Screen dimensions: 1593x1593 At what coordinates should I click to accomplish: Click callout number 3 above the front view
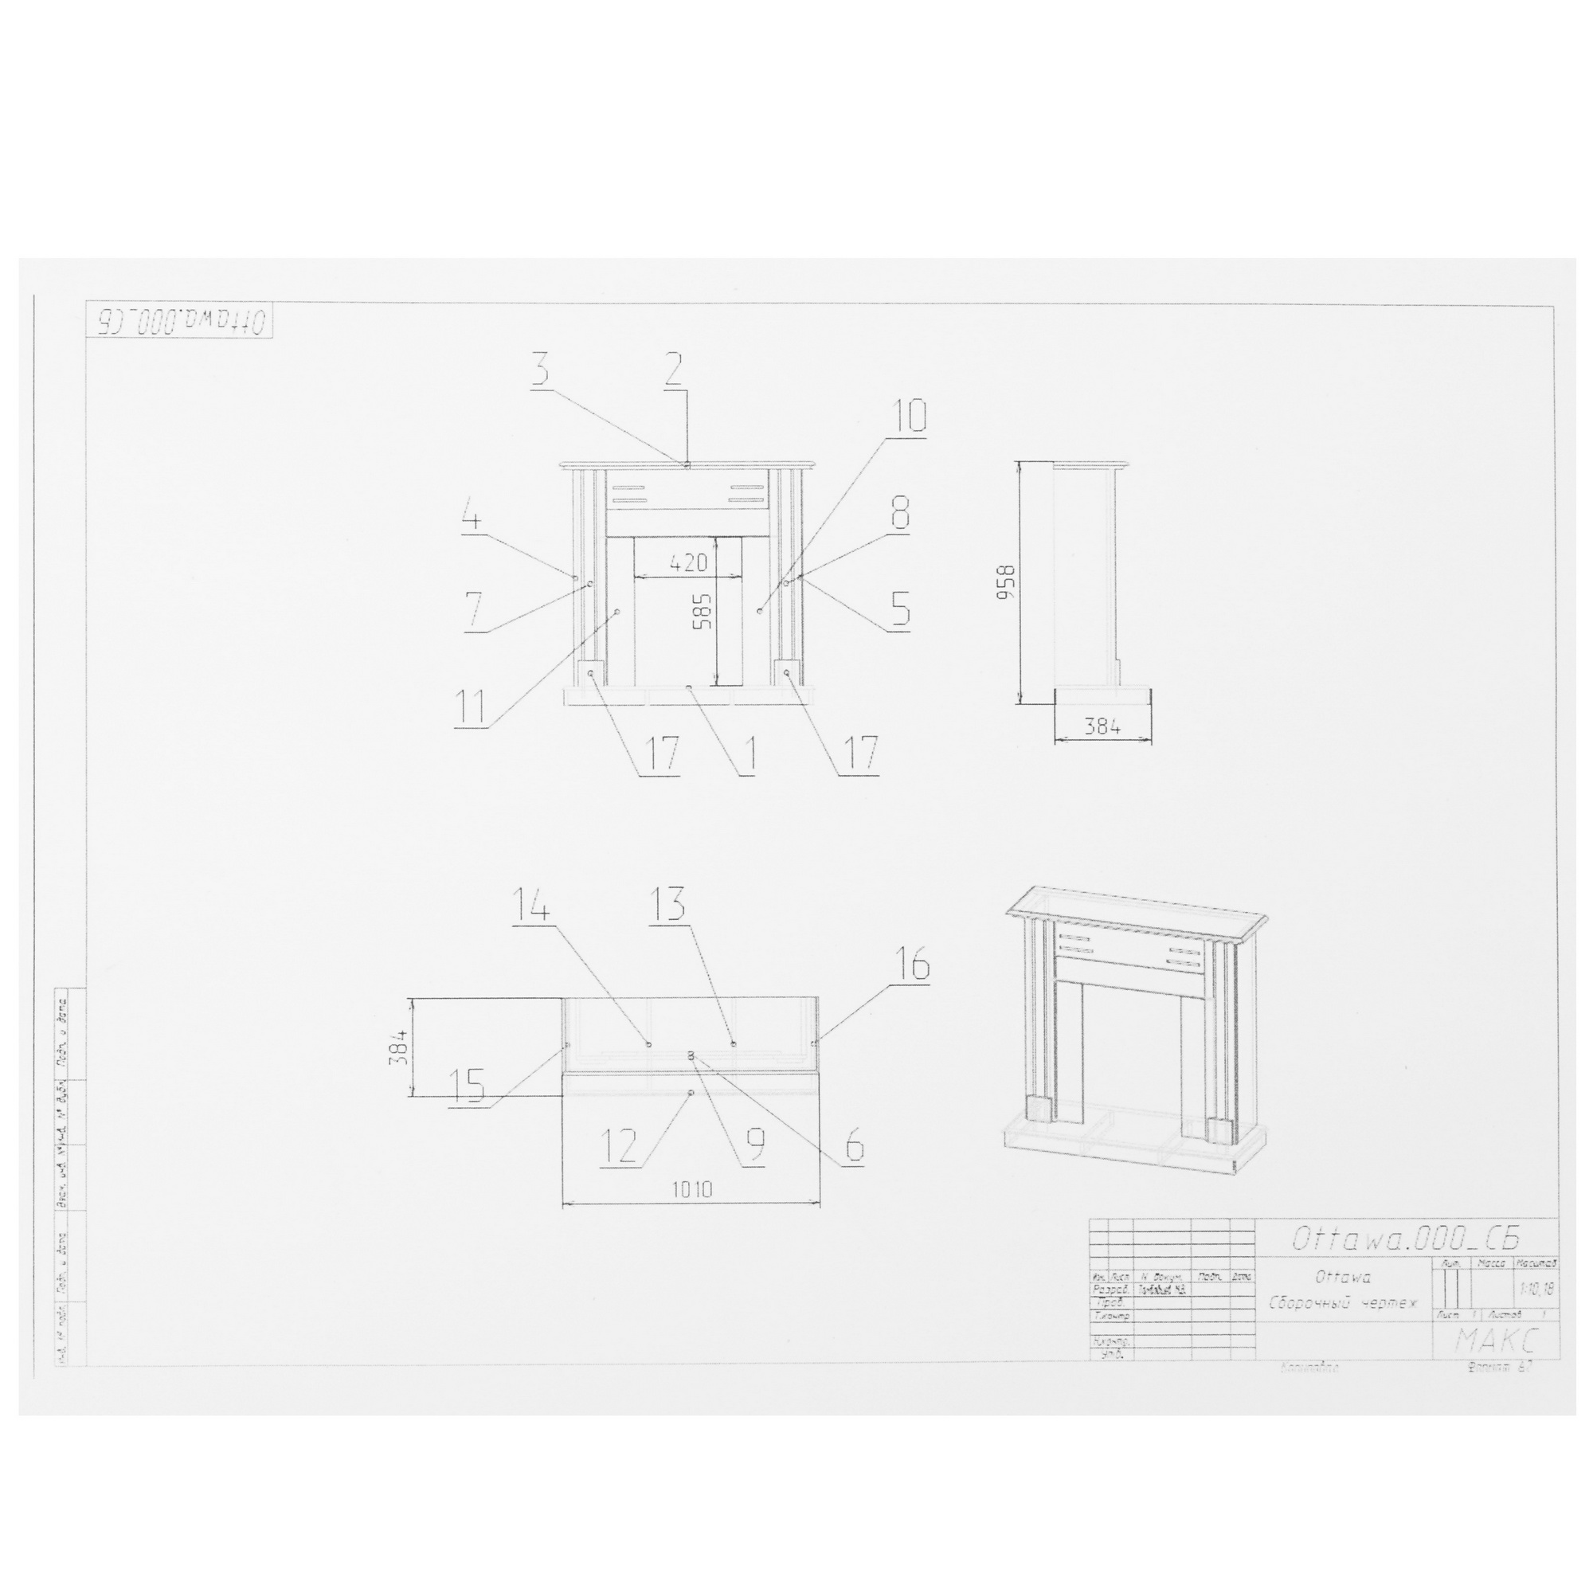tap(540, 371)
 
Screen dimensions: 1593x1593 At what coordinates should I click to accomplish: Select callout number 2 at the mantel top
tap(674, 371)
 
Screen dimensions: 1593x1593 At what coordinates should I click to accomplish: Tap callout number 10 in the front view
tap(906, 418)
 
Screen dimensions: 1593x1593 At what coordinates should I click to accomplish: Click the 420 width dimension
tap(688, 563)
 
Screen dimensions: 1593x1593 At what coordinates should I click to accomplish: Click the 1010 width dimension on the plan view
tap(691, 1189)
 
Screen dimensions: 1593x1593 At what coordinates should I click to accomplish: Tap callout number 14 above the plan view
tap(533, 905)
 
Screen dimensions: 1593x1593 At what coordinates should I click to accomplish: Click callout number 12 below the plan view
tap(618, 1146)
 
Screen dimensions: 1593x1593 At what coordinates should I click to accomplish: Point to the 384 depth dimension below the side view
tap(1102, 726)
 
